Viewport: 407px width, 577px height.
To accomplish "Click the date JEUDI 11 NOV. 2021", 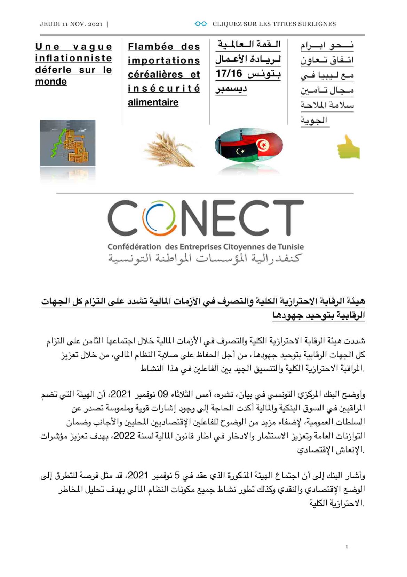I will (x=71, y=24).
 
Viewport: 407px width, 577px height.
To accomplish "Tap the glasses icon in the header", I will (x=201, y=24).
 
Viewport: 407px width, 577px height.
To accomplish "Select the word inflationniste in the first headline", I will (x=73, y=58).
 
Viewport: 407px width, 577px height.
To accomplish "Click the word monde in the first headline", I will (x=51, y=82).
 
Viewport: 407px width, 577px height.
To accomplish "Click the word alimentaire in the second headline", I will (x=153, y=102).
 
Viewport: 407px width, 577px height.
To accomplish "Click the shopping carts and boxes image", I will (x=67, y=143).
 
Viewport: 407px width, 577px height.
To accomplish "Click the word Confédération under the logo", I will (x=134, y=247).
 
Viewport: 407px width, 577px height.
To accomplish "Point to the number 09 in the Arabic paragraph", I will (x=163, y=394).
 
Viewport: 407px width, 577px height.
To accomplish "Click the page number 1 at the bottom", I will (x=346, y=547).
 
